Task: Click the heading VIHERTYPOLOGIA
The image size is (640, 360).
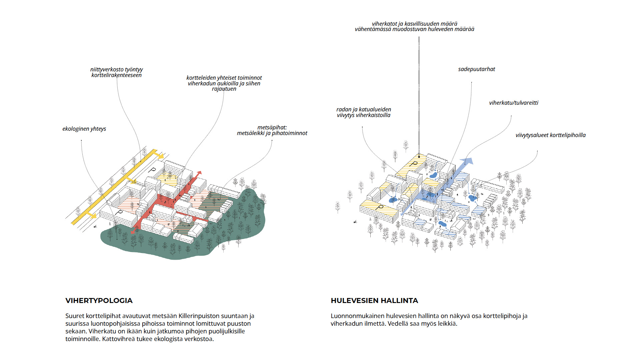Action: click(x=99, y=301)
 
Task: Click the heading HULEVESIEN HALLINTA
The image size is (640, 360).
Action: click(x=374, y=301)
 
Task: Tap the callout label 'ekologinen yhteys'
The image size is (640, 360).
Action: click(x=84, y=129)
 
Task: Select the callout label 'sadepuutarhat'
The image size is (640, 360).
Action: click(x=476, y=69)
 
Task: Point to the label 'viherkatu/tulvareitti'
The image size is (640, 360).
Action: click(x=514, y=103)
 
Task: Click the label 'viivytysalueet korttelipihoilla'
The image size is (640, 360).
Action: click(x=551, y=135)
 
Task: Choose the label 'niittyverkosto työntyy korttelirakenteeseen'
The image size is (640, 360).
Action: click(x=116, y=72)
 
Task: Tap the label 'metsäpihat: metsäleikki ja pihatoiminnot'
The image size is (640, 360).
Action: click(x=272, y=130)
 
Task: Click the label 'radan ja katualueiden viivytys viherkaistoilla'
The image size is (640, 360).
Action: click(x=364, y=112)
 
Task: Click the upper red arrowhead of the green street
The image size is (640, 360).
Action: click(x=199, y=174)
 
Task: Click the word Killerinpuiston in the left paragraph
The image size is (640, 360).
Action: click(x=199, y=316)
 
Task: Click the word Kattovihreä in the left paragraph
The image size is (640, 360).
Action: click(x=118, y=339)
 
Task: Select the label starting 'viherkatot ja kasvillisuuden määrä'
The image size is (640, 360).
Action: click(x=414, y=27)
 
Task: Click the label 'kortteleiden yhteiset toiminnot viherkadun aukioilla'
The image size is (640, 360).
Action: click(x=224, y=83)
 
